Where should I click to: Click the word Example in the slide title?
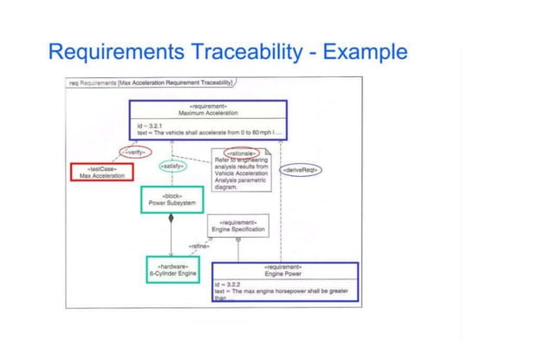click(363, 52)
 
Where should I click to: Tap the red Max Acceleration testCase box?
click(101, 172)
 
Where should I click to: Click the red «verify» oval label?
click(134, 152)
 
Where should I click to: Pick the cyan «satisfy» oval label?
click(172, 165)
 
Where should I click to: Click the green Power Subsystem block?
click(172, 200)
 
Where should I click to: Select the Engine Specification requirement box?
click(237, 226)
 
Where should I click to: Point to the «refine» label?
click(198, 246)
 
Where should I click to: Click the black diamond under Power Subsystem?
click(171, 218)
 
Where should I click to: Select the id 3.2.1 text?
click(148, 125)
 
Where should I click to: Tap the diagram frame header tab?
click(152, 83)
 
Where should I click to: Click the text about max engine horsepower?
click(281, 291)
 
